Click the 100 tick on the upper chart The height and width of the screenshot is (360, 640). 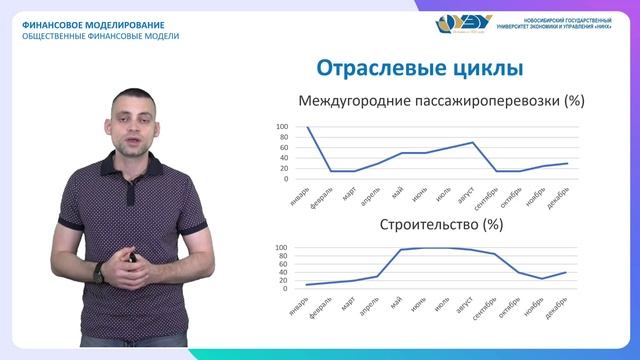[281, 128]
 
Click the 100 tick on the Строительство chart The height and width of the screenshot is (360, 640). [281, 248]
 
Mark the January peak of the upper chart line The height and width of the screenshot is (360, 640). [308, 128]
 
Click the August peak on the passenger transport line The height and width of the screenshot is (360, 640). [473, 142]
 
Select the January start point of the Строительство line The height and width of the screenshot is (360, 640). [308, 285]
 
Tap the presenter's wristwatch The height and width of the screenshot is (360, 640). [99, 271]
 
